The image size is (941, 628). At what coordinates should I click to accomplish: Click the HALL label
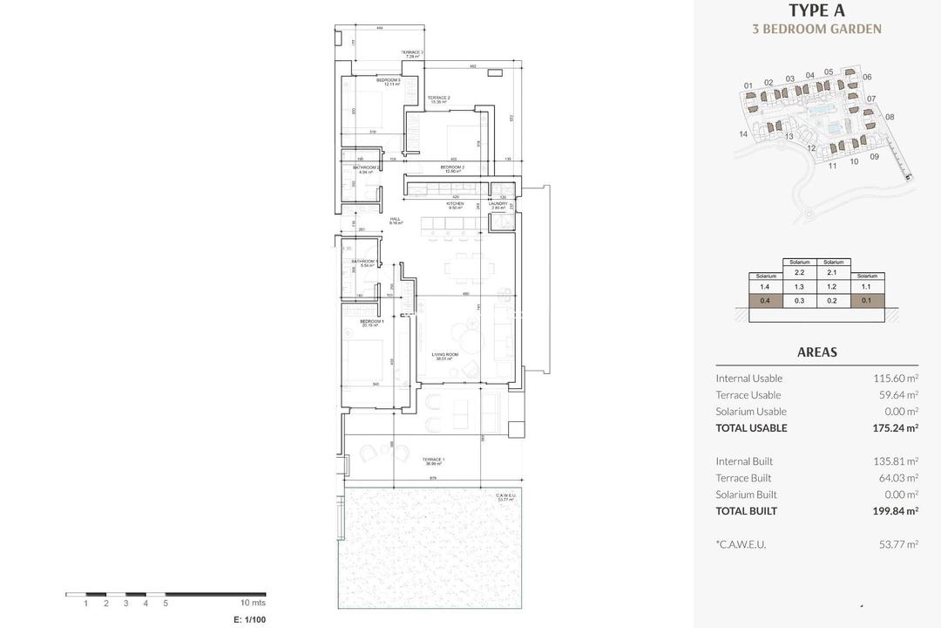(x=395, y=221)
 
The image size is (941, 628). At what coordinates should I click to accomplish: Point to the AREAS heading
(x=816, y=352)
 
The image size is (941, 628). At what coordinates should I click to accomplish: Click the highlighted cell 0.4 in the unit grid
(x=765, y=301)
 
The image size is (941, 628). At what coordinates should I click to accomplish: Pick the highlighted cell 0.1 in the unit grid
(x=866, y=301)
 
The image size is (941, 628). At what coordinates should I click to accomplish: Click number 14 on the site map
(x=743, y=134)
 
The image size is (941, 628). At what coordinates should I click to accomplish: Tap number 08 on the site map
(x=890, y=117)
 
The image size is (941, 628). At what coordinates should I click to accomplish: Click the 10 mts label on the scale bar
(x=254, y=603)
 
